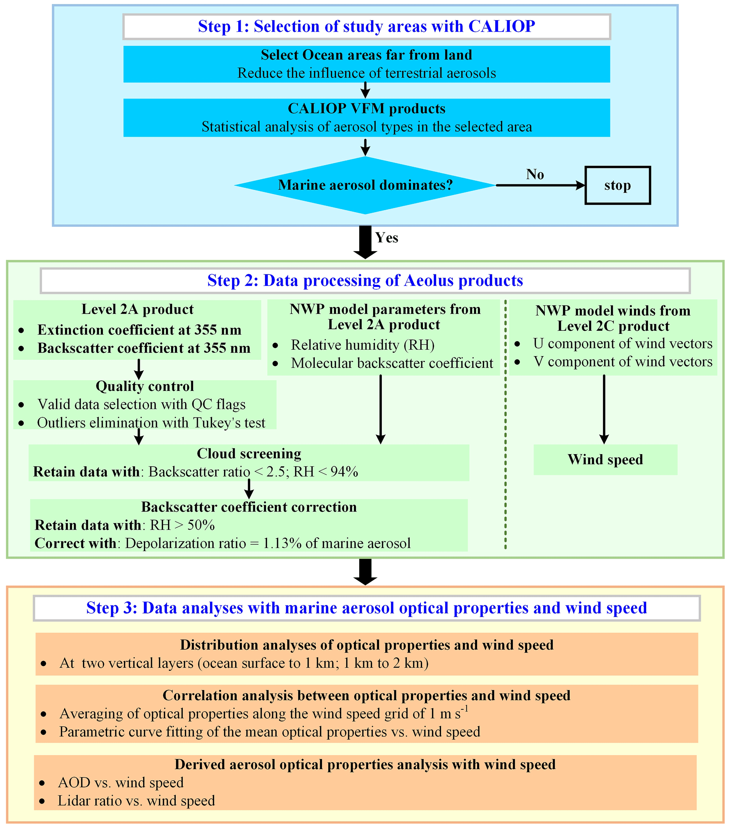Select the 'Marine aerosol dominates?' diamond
[x=365, y=185]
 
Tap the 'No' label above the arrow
[x=535, y=174]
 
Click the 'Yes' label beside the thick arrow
[x=387, y=237]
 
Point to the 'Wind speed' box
[x=605, y=459]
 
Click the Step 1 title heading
[x=366, y=26]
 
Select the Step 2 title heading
[x=365, y=280]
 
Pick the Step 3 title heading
[x=366, y=608]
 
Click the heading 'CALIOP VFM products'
[x=366, y=109]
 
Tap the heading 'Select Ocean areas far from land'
[x=366, y=55]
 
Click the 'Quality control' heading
[x=145, y=386]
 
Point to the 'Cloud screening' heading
[x=249, y=453]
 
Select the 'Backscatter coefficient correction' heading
[x=249, y=507]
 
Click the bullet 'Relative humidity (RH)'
[x=362, y=345]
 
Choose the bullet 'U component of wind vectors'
[x=622, y=343]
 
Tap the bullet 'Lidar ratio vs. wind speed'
[x=136, y=800]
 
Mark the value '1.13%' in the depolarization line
[x=282, y=543]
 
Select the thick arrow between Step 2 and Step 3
[x=365, y=572]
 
